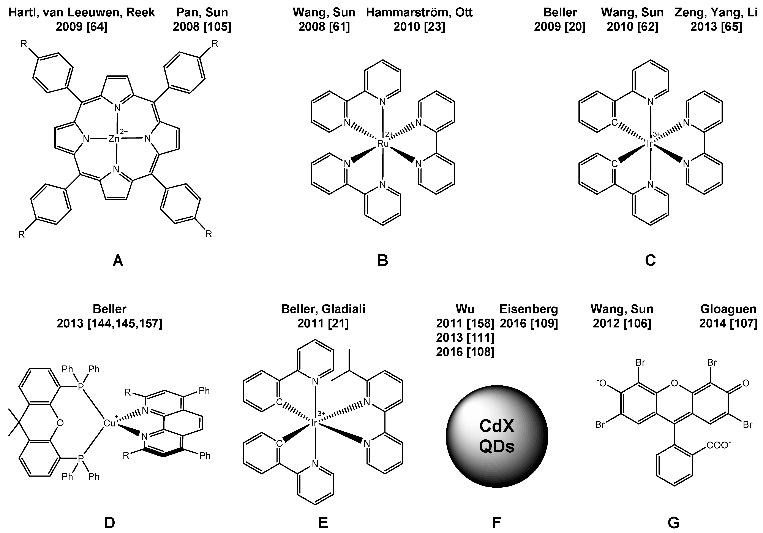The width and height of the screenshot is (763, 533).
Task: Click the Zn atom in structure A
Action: pyautogui.click(x=114, y=138)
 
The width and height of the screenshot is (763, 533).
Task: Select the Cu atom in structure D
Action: pyautogui.click(x=109, y=423)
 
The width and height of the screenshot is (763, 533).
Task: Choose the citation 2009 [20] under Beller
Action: pyautogui.click(x=560, y=27)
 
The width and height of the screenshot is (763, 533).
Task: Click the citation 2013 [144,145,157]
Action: pyautogui.click(x=109, y=323)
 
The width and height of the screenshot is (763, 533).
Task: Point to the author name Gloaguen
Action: pyautogui.click(x=728, y=309)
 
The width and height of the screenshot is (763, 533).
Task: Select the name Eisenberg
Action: pyautogui.click(x=529, y=309)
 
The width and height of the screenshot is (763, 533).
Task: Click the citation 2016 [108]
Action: pyautogui.click(x=465, y=352)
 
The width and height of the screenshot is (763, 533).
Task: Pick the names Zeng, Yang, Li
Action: pyautogui.click(x=716, y=13)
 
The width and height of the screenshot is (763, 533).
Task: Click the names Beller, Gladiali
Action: pyautogui.click(x=323, y=309)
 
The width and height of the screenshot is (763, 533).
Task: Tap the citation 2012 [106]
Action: pyautogui.click(x=622, y=323)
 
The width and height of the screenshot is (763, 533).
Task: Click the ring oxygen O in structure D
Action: pyautogui.click(x=60, y=423)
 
